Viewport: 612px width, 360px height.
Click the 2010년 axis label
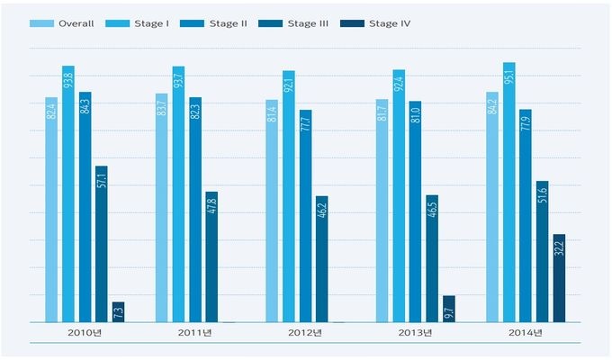85,334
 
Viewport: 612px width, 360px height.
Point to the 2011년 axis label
194,334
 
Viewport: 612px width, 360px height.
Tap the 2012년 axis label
305,334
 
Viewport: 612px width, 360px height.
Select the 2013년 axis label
415,334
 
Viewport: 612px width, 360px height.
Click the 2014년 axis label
526,334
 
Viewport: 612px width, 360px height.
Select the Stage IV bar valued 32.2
559,278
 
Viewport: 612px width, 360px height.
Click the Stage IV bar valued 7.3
118,311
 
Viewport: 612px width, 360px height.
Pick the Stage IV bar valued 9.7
448,309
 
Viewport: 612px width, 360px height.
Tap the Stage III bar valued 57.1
101,243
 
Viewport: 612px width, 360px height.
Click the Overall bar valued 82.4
51,209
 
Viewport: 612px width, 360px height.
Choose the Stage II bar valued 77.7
305,216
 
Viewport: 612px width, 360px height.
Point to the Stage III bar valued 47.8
211,256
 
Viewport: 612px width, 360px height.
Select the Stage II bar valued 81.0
415,211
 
